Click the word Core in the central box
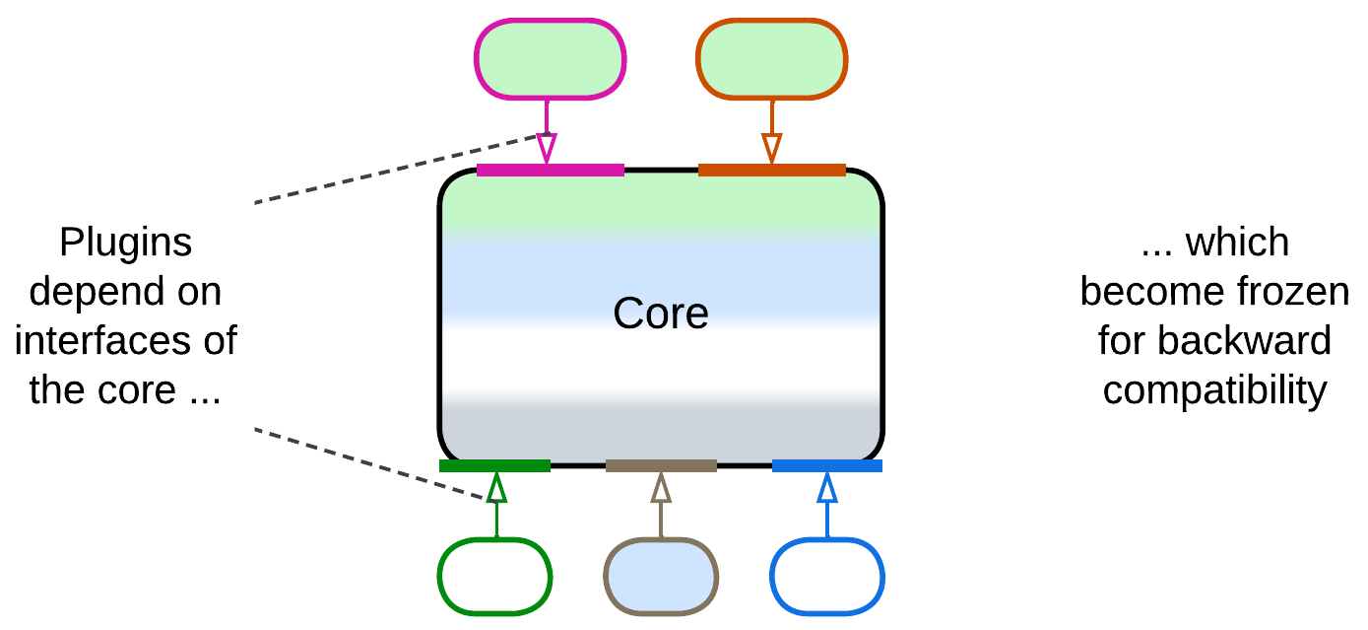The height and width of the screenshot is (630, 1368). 661,314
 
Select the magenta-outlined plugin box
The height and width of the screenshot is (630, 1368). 551,59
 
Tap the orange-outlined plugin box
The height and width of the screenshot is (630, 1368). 771,59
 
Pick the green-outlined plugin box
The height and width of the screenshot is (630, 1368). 494,576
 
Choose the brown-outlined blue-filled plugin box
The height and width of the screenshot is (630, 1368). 661,576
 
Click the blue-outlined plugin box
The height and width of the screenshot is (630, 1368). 827,576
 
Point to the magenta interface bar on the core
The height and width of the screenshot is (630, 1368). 550,170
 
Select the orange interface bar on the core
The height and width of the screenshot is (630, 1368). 771,170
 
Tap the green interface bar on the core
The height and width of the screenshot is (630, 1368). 494,465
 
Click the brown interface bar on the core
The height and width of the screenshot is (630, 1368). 661,465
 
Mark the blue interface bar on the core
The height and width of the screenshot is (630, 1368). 827,465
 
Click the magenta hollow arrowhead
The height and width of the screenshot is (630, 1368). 547,149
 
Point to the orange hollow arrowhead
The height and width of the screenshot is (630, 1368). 772,149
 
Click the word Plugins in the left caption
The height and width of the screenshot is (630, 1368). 125,244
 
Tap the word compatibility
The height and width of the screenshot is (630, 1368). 1214,390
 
